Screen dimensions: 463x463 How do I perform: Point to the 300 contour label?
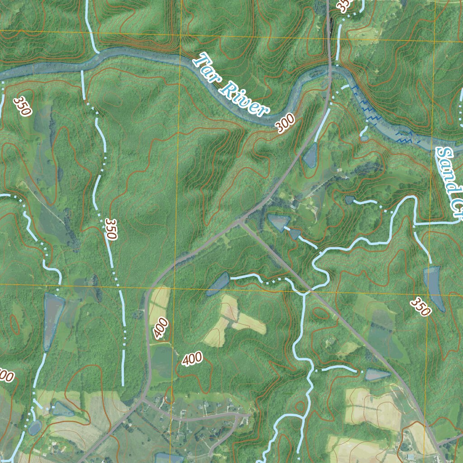[x=286, y=123]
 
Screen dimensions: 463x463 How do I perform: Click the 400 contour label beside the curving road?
[x=161, y=328]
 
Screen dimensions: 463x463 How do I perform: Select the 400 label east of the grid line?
[x=192, y=359]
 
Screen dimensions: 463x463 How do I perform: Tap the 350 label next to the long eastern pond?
[x=420, y=307]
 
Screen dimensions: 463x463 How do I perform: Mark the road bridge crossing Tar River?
[x=330, y=70]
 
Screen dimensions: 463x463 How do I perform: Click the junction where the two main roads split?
[x=241, y=222]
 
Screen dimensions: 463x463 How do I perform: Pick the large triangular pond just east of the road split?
[x=278, y=221]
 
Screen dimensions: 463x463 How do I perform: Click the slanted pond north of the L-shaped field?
[x=218, y=284]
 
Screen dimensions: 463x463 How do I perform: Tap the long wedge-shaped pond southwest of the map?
[x=52, y=319]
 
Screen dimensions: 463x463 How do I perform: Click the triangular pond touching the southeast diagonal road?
[x=377, y=374]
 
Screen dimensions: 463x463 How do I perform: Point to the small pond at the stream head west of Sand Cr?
[x=349, y=199]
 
